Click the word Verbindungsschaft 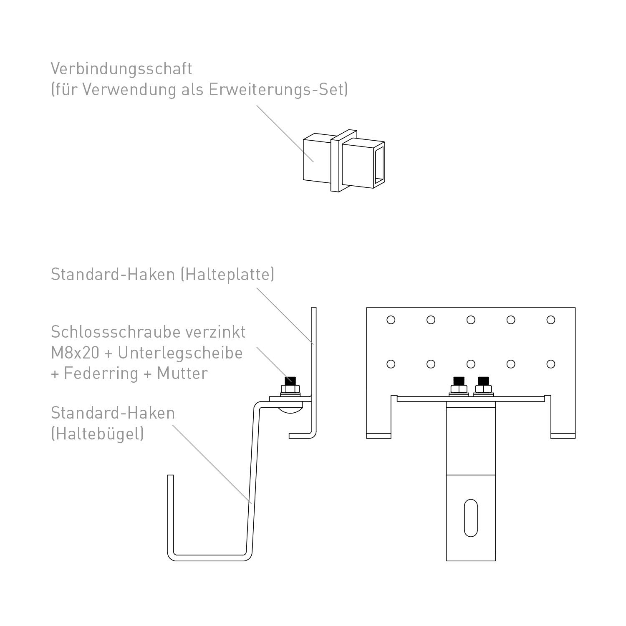121,69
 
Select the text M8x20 75,353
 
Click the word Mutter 182,374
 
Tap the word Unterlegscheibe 180,353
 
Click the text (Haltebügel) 98,434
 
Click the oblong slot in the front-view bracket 471,517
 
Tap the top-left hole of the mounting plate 391,320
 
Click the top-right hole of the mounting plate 551,320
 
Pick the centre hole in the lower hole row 471,364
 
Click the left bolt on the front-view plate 459,386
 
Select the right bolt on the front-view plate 483,386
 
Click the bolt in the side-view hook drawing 290,386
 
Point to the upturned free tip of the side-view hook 170,477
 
